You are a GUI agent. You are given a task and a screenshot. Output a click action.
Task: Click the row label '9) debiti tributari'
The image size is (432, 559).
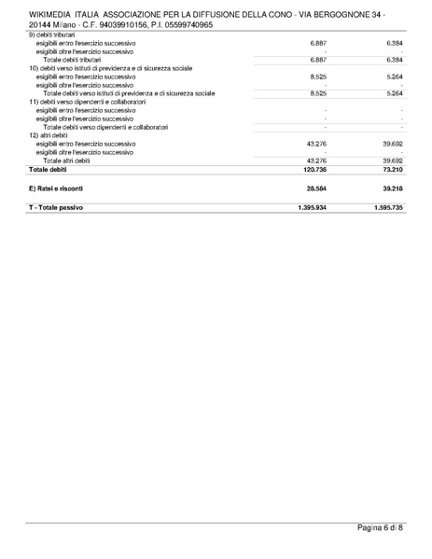coord(55,35)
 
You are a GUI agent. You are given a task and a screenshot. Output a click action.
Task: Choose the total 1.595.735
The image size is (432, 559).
coord(386,207)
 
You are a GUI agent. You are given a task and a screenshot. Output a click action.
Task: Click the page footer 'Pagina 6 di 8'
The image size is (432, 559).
coord(380,529)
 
